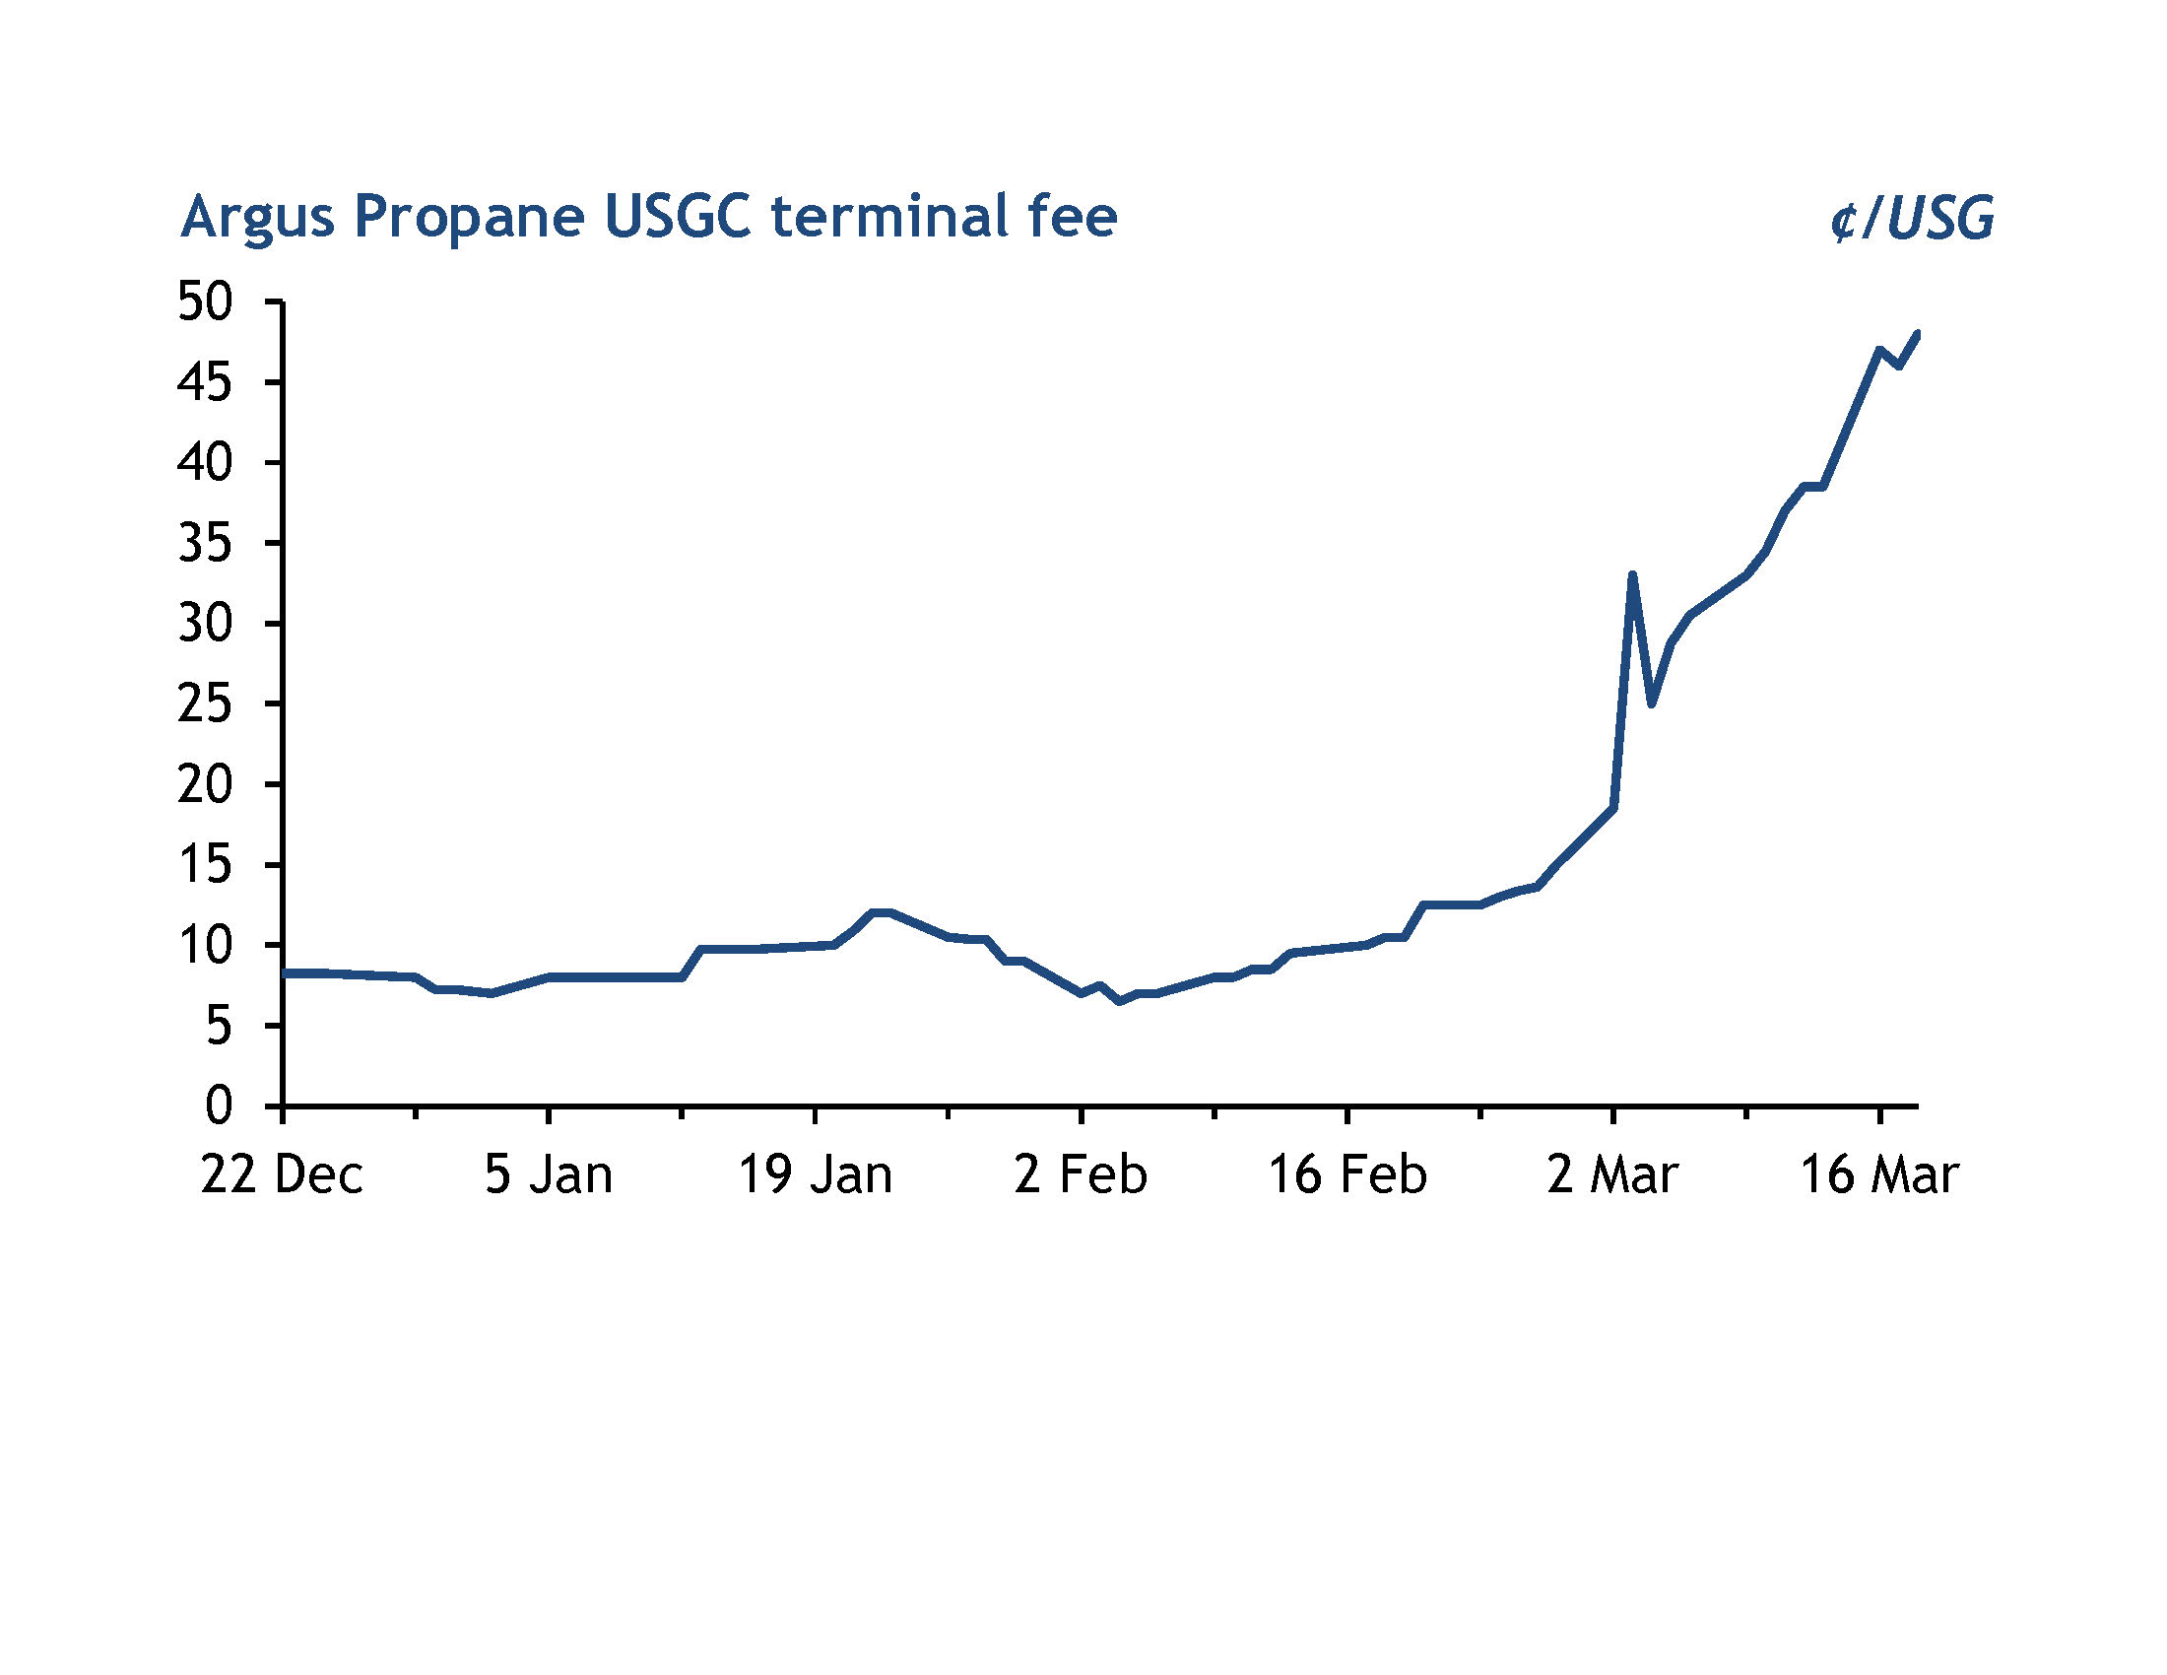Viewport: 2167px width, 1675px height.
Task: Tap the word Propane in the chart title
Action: (x=468, y=218)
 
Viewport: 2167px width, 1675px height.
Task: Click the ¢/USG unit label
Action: (x=1911, y=219)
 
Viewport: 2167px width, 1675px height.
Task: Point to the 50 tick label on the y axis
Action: (x=205, y=301)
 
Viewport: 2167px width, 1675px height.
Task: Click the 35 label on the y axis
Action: (x=205, y=544)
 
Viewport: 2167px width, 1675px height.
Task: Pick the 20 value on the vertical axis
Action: (x=205, y=785)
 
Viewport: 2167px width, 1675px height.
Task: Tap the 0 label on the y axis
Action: (x=219, y=1105)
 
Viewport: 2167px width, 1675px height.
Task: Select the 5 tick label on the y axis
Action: (x=219, y=1026)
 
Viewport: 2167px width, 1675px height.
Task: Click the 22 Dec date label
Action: (x=282, y=1175)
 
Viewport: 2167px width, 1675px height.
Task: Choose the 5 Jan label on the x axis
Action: (x=548, y=1175)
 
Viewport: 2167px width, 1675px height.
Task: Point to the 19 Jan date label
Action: (x=815, y=1175)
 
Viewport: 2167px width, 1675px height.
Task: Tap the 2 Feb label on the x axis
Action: (x=1080, y=1175)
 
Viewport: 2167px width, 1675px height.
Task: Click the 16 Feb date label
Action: (x=1347, y=1175)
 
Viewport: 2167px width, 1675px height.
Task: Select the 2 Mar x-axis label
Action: (x=1612, y=1175)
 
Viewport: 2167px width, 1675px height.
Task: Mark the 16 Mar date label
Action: (x=1879, y=1175)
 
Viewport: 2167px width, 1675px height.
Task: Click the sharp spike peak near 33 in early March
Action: (x=1632, y=575)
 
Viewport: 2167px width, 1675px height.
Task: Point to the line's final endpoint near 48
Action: (x=1917, y=334)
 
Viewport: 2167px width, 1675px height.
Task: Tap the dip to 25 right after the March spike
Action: (x=1652, y=703)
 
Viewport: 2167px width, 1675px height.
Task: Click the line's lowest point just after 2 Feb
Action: (x=1119, y=1001)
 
